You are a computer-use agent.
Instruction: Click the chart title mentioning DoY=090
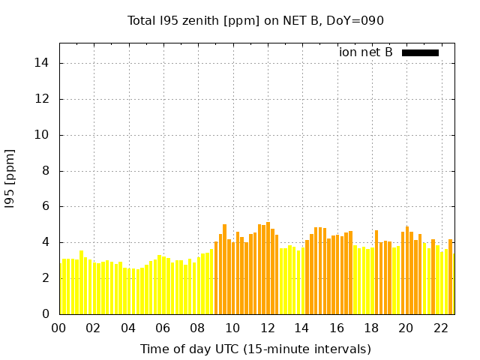pyautogui.click(x=255, y=21)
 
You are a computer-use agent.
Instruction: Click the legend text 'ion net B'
pyautogui.click(x=366, y=52)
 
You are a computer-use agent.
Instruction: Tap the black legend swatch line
pyautogui.click(x=420, y=52)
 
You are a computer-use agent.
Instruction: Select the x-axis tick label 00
pyautogui.click(x=59, y=328)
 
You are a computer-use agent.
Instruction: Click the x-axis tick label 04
pyautogui.click(x=128, y=328)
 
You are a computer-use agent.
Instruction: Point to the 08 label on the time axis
pyautogui.click(x=198, y=328)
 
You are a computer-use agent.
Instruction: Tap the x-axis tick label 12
pyautogui.click(x=267, y=328)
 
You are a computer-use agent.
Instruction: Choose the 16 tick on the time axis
pyautogui.click(x=337, y=328)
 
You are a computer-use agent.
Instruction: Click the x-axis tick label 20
pyautogui.click(x=406, y=328)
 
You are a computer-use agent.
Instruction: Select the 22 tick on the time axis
pyautogui.click(x=441, y=328)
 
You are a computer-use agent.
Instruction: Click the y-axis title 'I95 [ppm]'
pyautogui.click(x=10, y=178)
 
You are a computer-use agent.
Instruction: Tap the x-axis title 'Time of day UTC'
pyautogui.click(x=255, y=349)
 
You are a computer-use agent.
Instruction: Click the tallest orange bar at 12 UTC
pyautogui.click(x=268, y=268)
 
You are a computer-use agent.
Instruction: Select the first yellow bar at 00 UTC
pyautogui.click(x=61, y=289)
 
